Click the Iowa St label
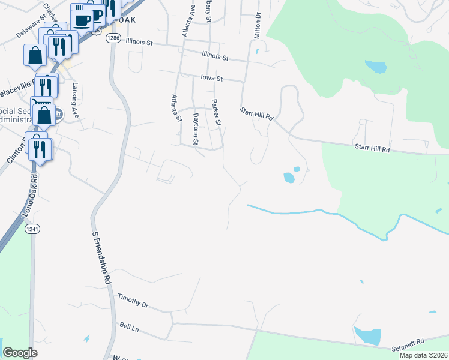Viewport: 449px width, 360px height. click(211, 78)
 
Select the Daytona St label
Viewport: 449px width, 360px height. click(196, 128)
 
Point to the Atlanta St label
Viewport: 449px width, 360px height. click(176, 109)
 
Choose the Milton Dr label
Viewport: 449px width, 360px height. click(257, 25)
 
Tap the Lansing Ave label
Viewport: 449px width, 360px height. click(76, 98)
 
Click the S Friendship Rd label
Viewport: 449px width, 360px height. click(101, 257)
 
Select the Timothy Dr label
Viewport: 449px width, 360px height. click(133, 300)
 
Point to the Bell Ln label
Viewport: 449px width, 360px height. click(129, 328)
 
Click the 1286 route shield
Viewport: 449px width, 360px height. click(112, 38)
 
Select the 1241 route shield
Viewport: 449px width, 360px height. click(32, 229)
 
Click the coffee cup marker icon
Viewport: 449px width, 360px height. click(83, 19)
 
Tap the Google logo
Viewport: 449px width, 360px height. click(20, 353)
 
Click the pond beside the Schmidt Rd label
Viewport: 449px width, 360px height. click(367, 335)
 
